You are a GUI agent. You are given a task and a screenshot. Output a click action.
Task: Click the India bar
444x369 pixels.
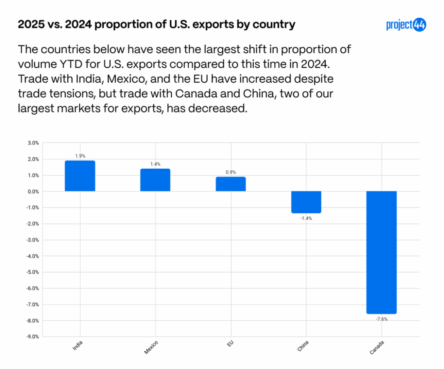coord(80,176)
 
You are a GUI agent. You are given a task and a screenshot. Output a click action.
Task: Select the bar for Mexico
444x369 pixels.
coord(155,180)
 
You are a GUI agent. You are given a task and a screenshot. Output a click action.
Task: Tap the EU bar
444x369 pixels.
coord(230,184)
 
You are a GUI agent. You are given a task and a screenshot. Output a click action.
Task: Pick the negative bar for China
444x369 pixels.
coord(306,202)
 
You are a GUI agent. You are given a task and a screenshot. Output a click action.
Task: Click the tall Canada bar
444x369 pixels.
coord(381,252)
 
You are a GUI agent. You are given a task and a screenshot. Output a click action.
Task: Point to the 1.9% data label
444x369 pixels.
coord(80,156)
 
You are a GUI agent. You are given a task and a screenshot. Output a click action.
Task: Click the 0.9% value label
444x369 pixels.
coord(230,172)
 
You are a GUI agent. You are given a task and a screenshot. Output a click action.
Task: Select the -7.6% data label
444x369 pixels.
coord(381,319)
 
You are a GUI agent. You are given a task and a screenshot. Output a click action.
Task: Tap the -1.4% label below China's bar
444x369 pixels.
coord(306,218)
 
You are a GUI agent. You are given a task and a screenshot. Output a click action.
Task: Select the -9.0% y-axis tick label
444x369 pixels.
coord(33,337)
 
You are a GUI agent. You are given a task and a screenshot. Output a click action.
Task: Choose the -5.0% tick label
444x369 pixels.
coord(33,272)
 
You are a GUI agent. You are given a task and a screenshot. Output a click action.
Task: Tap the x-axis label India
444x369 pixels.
coord(78,346)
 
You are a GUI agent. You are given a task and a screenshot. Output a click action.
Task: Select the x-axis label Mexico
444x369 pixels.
coord(151,347)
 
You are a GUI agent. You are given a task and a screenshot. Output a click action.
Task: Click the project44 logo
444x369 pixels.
coord(406,25)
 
